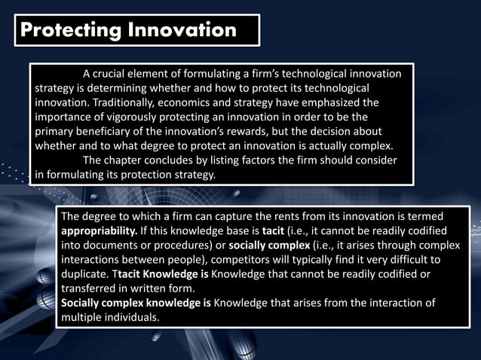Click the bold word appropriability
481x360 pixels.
click(x=98, y=230)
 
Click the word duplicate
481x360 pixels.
click(x=86, y=273)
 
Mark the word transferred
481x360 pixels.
click(x=91, y=288)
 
